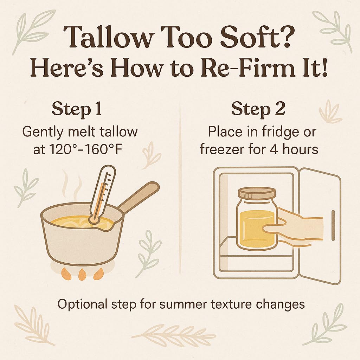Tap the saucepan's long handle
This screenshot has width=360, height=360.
[x=139, y=198]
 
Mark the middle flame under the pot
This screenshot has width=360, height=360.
[x=82, y=274]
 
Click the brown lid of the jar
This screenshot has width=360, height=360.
[x=257, y=193]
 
